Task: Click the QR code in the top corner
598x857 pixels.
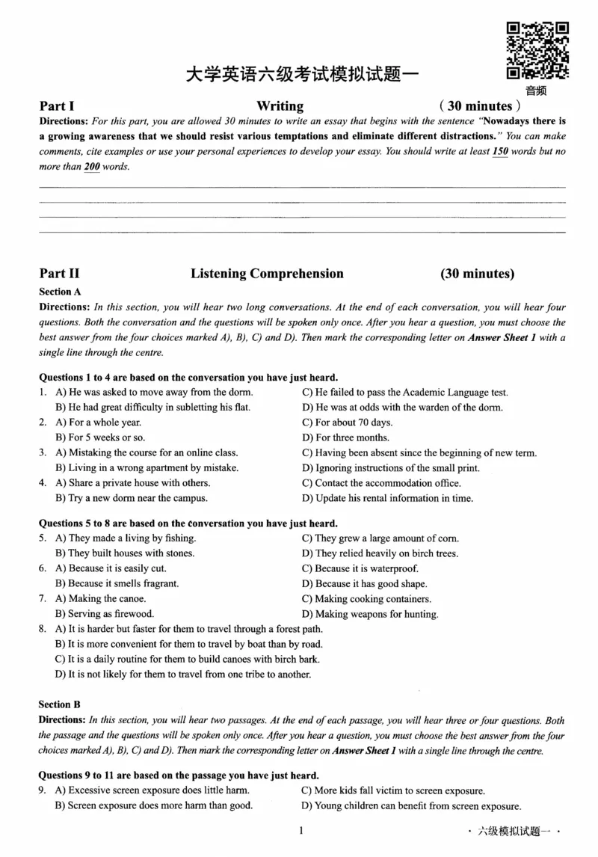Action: point(537,51)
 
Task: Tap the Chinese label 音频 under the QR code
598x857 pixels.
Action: point(536,91)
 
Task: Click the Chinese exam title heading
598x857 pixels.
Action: point(303,75)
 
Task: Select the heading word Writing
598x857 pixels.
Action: point(280,106)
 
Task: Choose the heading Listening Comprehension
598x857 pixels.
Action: point(267,274)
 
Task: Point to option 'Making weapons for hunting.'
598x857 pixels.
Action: point(369,614)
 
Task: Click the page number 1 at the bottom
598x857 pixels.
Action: point(300,830)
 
